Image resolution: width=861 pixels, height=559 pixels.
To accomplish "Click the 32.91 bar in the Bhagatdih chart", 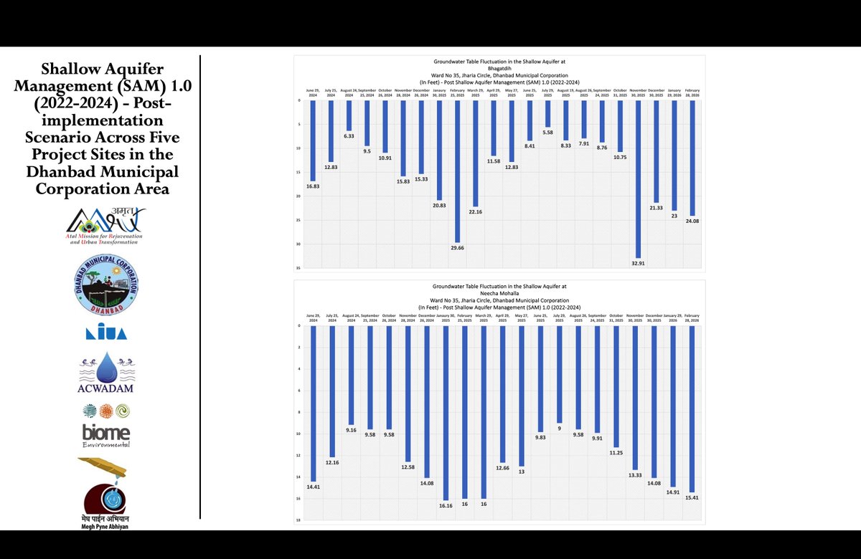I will [637, 179].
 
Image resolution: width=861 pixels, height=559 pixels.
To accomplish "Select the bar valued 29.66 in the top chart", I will [457, 172].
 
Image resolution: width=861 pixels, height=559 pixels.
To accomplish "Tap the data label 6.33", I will [349, 135].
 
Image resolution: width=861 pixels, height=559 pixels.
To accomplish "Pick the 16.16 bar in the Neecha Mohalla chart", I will [446, 412].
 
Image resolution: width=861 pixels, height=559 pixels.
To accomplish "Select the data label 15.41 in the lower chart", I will [692, 497].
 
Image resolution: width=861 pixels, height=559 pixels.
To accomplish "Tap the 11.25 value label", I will [616, 452].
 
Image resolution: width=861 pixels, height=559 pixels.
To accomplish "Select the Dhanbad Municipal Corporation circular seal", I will [107, 286].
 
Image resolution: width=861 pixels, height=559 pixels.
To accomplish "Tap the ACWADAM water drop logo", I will [106, 371].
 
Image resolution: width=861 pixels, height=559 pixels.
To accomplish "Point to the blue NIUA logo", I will [106, 333].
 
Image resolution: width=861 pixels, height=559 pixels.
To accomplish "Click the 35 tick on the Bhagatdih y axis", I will [298, 268].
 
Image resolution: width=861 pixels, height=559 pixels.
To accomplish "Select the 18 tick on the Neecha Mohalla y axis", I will [298, 520].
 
